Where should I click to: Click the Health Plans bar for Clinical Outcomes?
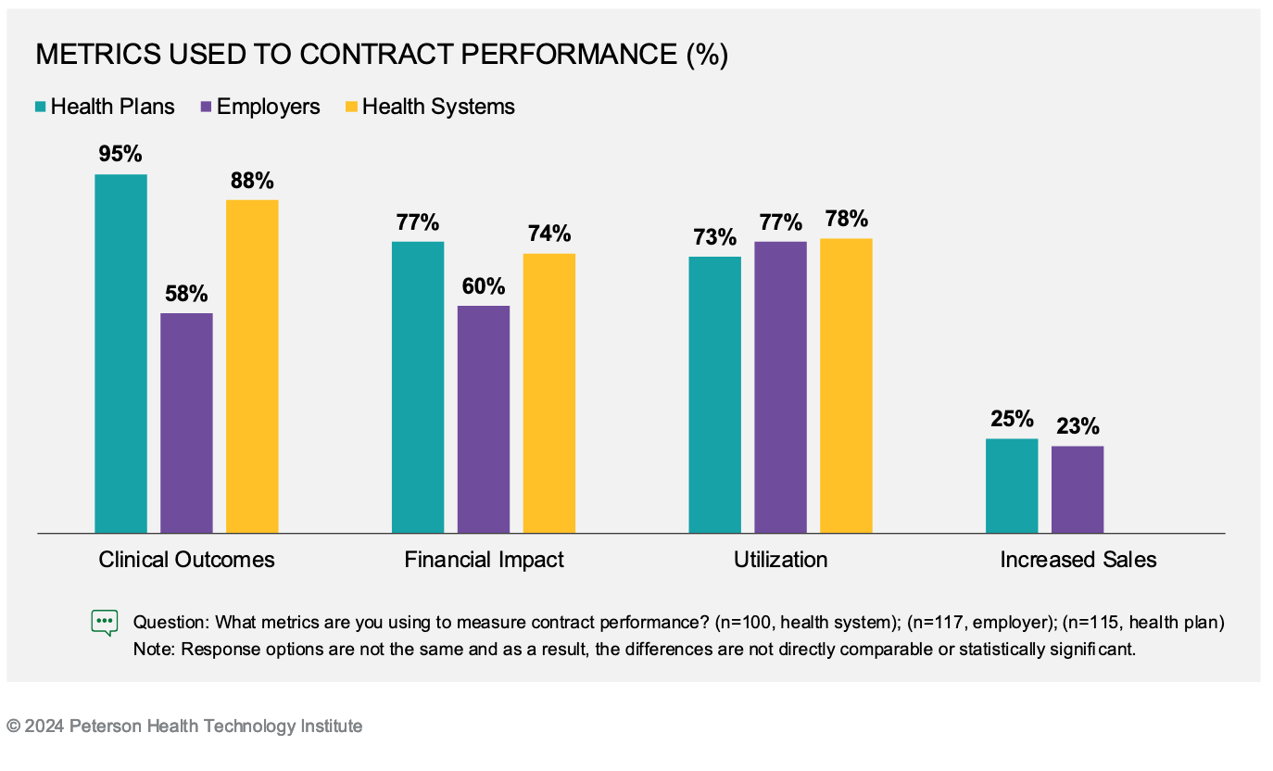[120, 353]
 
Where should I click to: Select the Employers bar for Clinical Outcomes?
[186, 423]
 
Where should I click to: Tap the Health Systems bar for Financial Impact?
[548, 393]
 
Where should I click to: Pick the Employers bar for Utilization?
[780, 386]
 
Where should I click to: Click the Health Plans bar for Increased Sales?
[1012, 486]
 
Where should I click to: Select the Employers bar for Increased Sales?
[1078, 489]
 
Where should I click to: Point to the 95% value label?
[120, 154]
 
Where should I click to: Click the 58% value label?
[186, 294]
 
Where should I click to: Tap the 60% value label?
[484, 286]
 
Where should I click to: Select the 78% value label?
[846, 219]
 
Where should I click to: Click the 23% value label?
[1078, 426]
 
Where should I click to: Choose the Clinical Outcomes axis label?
[186, 560]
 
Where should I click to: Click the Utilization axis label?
[780, 560]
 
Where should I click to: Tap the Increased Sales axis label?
[1078, 560]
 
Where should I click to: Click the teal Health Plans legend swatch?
[41, 107]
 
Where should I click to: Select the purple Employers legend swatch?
[207, 107]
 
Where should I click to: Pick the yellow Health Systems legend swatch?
[352, 107]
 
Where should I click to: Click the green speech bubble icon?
[105, 622]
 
